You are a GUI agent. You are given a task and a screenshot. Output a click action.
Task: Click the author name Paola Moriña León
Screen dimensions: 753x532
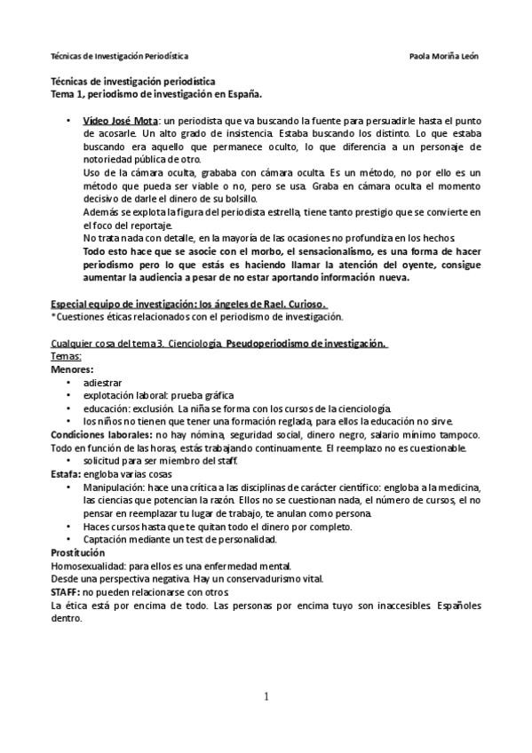444,55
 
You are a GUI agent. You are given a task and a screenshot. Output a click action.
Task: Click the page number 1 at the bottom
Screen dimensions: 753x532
266,696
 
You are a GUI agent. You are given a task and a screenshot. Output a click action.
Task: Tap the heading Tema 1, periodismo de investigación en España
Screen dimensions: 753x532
155,91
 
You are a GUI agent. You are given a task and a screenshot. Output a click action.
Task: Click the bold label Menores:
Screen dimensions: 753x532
72,368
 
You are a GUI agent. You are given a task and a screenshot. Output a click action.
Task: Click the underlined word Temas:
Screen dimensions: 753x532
67,355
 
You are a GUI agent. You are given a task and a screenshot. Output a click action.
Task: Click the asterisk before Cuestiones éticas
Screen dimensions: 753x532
53,316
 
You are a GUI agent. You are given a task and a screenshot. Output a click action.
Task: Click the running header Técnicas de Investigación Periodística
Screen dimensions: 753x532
118,55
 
